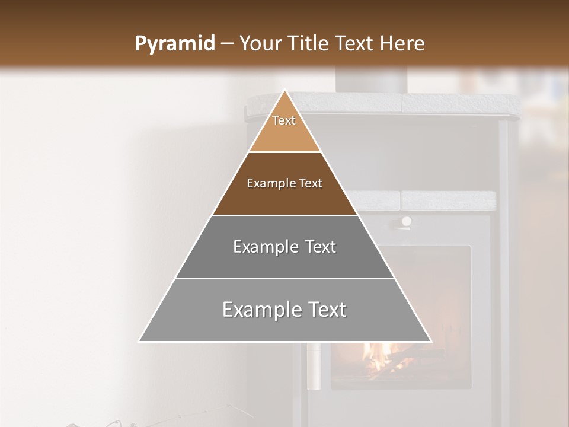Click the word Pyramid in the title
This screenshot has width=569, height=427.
click(x=174, y=43)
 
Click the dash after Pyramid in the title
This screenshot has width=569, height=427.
click(x=226, y=44)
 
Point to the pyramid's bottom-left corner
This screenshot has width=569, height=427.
click(x=139, y=341)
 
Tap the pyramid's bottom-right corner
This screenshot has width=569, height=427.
click(x=431, y=341)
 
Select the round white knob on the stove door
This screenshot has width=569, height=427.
click(x=407, y=221)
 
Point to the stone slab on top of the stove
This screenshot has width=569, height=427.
click(x=415, y=104)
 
